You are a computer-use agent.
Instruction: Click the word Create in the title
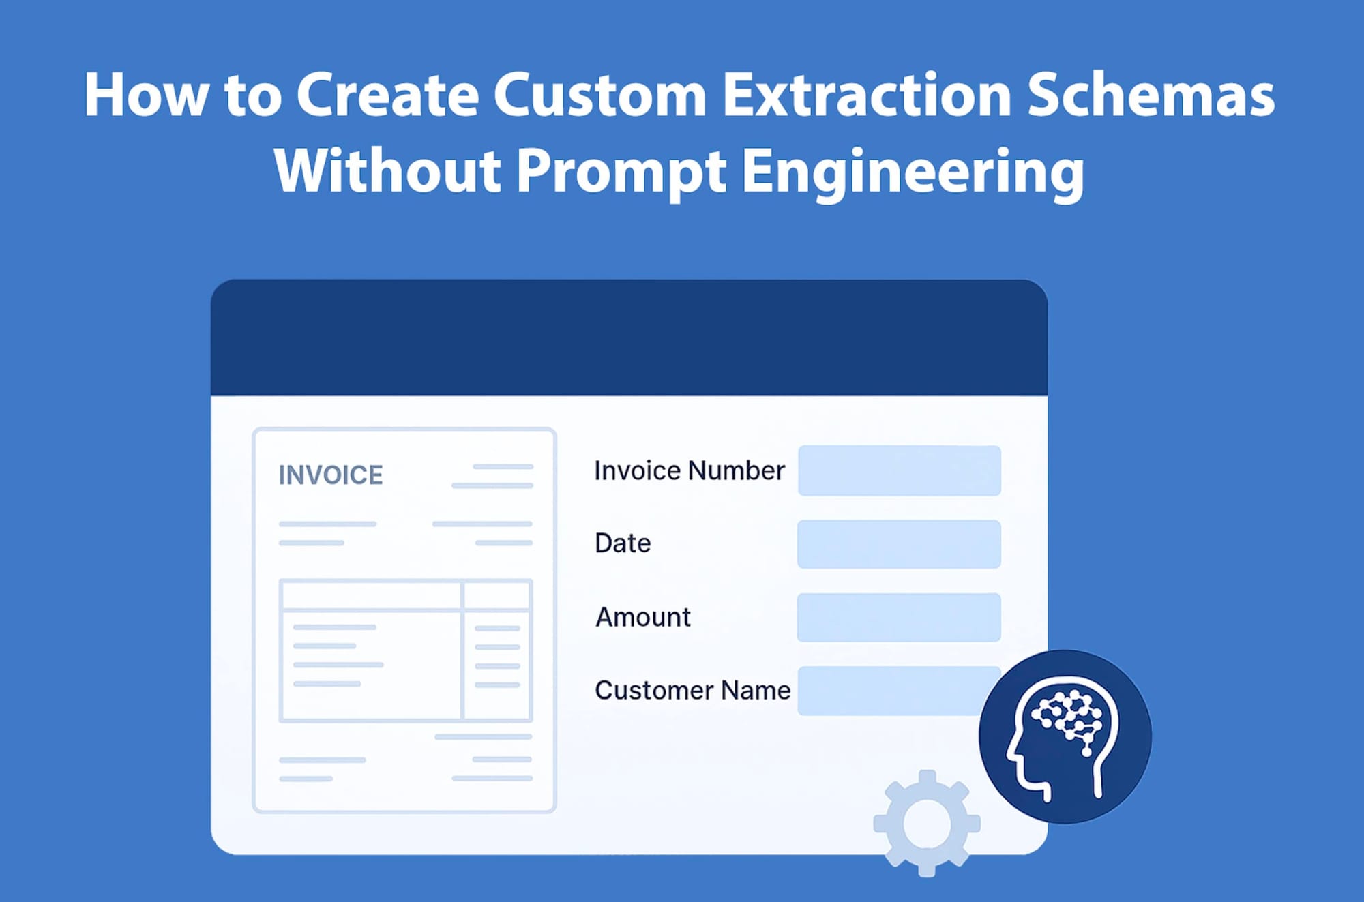387,95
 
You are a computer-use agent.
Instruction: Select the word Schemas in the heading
1151,95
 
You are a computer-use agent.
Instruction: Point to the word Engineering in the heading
913,172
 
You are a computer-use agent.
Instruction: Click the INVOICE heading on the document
331,475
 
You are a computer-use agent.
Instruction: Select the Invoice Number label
690,470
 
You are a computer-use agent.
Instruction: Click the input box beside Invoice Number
899,470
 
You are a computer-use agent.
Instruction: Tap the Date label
623,543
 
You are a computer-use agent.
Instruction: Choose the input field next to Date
899,544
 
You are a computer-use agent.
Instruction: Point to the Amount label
643,617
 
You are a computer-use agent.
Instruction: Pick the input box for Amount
899,617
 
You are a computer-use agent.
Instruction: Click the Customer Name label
692,690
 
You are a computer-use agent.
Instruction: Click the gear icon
926,823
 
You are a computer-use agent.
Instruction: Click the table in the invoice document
405,650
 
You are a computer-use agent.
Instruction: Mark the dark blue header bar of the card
629,337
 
